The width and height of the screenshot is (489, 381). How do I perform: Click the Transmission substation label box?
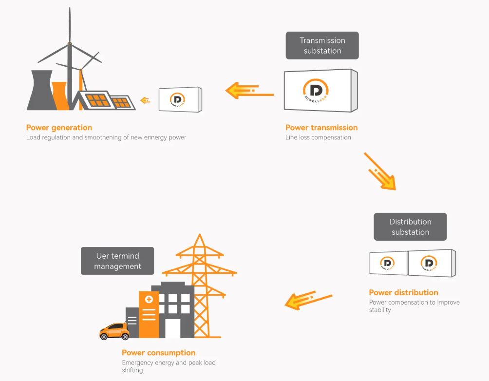[x=322, y=45]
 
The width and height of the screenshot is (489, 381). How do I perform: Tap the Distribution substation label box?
[x=410, y=227]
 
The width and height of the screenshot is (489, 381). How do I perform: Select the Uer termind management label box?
[x=117, y=261]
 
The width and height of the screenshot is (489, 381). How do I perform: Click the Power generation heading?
[x=59, y=128]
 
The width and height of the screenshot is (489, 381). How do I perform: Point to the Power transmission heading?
[x=321, y=128]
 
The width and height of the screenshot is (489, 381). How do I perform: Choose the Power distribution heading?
[x=403, y=292]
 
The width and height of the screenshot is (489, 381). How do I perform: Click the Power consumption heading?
[x=158, y=353]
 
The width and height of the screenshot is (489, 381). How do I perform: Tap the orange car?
[x=114, y=331]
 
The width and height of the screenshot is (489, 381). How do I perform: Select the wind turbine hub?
[x=69, y=45]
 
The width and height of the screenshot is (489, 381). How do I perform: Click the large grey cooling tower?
[x=39, y=91]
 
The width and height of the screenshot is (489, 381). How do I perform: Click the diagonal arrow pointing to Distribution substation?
[x=380, y=171]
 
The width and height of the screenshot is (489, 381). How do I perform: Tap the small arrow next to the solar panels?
[x=145, y=100]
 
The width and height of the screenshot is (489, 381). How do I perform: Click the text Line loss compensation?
[x=318, y=137]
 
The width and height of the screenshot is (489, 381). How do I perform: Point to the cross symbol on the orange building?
[x=149, y=299]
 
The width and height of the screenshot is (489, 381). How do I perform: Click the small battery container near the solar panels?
[x=180, y=100]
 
